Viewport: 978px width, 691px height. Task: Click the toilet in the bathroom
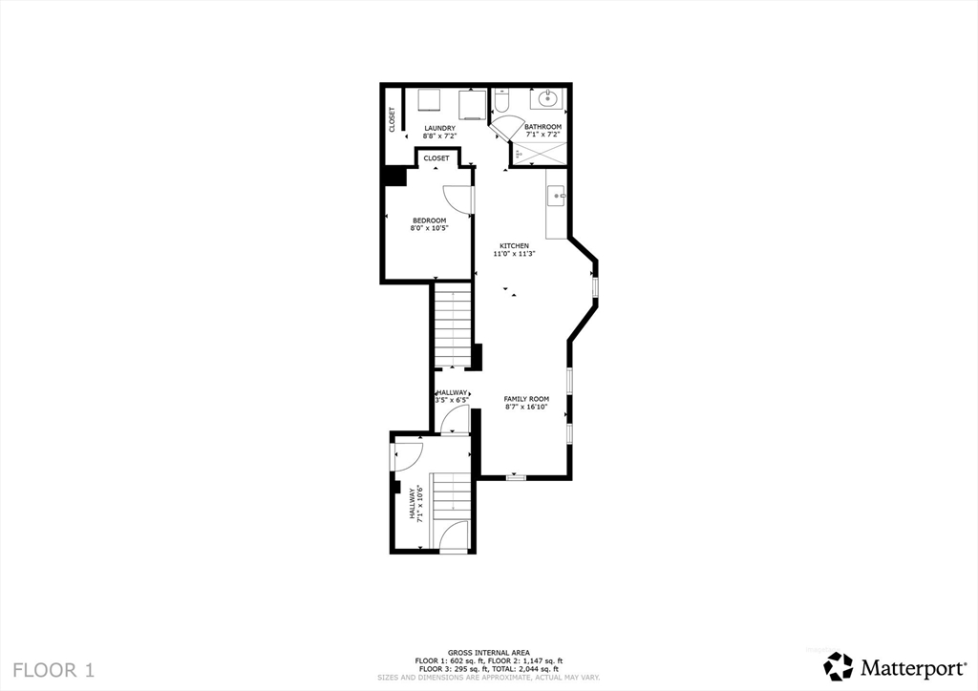[x=502, y=100]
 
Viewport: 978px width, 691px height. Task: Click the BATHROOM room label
[x=542, y=127]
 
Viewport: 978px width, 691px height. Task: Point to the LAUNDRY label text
[x=440, y=128]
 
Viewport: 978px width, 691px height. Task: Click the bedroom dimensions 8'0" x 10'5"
[x=429, y=228]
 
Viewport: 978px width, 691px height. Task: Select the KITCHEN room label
[x=514, y=246]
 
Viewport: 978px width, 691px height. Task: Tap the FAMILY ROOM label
[x=526, y=399]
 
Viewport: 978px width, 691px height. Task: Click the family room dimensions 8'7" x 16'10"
[x=526, y=408]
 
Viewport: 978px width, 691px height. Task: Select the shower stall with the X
[x=540, y=152]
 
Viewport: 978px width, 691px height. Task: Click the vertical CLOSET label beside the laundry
[x=392, y=119]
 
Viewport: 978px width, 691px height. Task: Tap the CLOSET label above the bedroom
[x=436, y=158]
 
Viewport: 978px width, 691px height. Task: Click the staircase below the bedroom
[x=452, y=325]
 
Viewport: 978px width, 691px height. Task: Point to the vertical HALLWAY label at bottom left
[x=414, y=503]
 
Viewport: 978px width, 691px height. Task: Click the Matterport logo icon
[x=839, y=665]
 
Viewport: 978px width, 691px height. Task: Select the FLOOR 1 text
[x=54, y=669]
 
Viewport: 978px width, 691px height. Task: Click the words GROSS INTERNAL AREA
[x=488, y=653]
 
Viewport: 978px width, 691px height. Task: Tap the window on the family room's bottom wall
[x=516, y=476]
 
